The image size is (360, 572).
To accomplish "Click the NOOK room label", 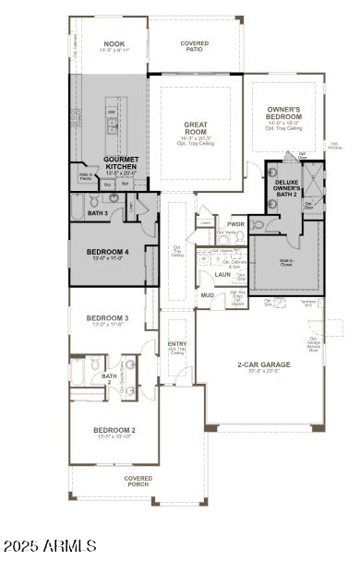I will [x=114, y=43].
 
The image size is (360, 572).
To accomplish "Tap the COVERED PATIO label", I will [x=194, y=44].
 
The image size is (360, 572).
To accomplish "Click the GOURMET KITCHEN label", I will [x=120, y=163].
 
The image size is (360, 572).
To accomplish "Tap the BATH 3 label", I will [x=98, y=213].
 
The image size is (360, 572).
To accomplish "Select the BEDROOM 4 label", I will [x=107, y=251].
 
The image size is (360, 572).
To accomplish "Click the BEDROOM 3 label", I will [x=108, y=318].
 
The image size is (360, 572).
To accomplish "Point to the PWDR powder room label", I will [x=236, y=224].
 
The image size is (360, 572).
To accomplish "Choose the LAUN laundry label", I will [x=222, y=274].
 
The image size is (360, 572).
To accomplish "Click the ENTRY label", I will [x=176, y=344].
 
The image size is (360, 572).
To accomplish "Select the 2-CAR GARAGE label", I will [x=263, y=364].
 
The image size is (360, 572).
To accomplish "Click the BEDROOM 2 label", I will [x=114, y=430].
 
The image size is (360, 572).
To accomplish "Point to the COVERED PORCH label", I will [x=138, y=481].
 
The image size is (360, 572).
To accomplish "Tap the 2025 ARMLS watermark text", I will [x=50, y=546].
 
